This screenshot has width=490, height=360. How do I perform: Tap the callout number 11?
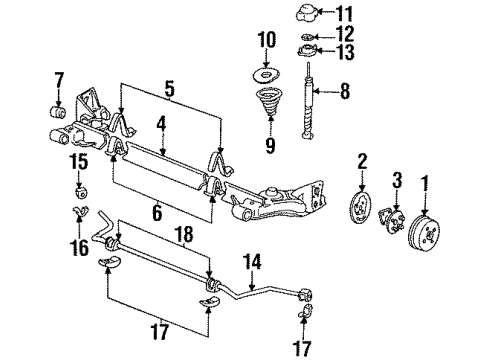[x=347, y=14]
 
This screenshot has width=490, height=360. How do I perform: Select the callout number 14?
[x=254, y=261]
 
